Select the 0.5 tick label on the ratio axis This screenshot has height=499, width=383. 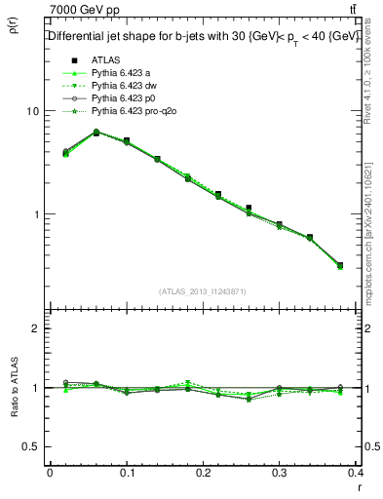pyautogui.click(x=31, y=446)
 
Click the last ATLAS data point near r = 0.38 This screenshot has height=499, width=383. pyautogui.click(x=339, y=265)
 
